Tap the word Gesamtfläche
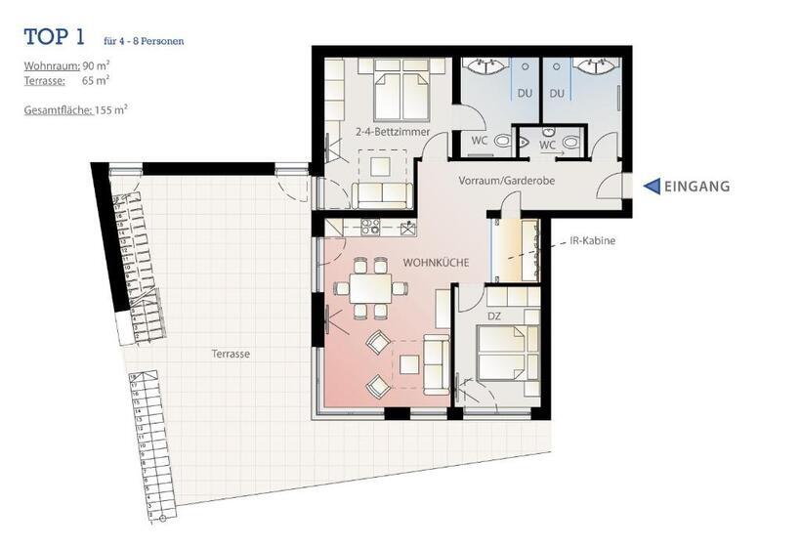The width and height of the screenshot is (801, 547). point(58,110)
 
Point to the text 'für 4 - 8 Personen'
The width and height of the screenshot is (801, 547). point(144,41)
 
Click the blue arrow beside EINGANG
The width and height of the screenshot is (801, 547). point(651,187)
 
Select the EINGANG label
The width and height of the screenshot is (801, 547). point(697,187)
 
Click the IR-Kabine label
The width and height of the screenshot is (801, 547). point(592,240)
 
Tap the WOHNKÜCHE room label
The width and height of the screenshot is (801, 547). point(437,263)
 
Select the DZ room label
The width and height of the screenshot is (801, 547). point(494,315)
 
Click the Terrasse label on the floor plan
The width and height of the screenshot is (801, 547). point(230,354)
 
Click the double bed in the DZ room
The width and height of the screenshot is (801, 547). point(506,352)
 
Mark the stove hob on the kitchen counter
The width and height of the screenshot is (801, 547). point(370,227)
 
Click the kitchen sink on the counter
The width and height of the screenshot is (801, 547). point(406,228)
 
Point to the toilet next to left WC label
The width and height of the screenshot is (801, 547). point(504,142)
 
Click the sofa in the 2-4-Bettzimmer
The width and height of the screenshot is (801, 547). point(382,193)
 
